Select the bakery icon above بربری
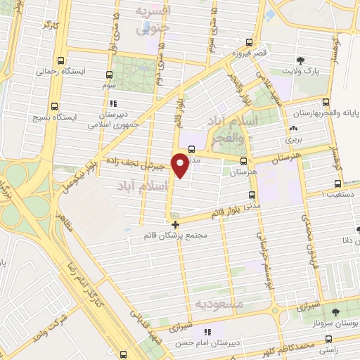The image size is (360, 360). [x=293, y=129]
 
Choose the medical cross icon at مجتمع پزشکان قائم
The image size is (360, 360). [x=175, y=224]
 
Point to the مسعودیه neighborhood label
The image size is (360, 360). [x=219, y=304]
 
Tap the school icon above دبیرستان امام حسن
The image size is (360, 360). [x=206, y=332]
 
